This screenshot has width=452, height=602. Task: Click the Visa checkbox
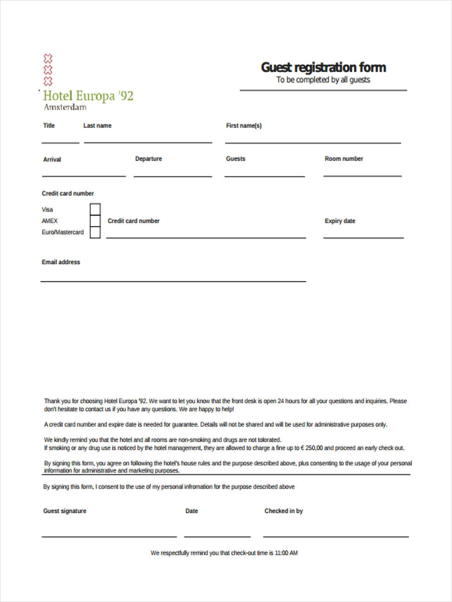(95, 209)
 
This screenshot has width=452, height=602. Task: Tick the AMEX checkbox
(95, 221)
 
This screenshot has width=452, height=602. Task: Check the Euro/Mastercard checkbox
(95, 232)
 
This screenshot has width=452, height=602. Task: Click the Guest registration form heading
(323, 67)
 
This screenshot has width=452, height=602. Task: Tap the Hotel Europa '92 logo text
(88, 96)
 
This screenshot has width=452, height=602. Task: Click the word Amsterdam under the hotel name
(65, 107)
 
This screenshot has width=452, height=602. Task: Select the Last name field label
(97, 125)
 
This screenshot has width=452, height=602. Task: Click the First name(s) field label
(244, 125)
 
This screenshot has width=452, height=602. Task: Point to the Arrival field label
(52, 160)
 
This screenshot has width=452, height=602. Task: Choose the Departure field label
(149, 159)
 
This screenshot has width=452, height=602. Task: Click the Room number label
(344, 159)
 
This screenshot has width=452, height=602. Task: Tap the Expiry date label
(340, 221)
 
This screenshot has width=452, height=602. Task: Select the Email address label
(61, 262)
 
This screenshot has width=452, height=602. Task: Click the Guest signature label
(65, 511)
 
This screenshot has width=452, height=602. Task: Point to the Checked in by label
(284, 511)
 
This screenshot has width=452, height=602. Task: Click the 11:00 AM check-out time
(287, 553)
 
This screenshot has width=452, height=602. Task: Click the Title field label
(49, 125)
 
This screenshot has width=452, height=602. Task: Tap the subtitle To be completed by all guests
(323, 80)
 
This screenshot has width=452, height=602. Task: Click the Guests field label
(236, 159)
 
